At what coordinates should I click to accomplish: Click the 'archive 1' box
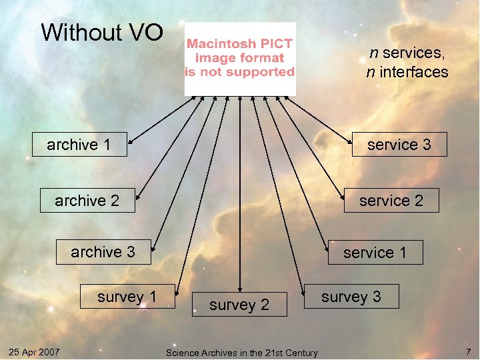point(79,144)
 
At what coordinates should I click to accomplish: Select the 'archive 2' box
point(87,200)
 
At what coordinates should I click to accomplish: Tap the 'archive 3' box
point(103,252)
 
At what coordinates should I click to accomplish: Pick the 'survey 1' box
point(127,297)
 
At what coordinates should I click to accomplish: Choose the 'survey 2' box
point(239,305)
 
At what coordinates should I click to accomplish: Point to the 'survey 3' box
point(351,297)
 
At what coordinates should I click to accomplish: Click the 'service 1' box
point(375,253)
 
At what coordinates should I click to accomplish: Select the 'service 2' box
point(391,200)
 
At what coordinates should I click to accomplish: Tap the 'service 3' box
point(399,144)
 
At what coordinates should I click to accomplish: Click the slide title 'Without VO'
point(102,32)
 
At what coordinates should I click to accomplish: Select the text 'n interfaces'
point(407,72)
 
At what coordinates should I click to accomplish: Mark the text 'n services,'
point(407,51)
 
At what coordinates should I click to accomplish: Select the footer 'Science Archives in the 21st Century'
point(241,352)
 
